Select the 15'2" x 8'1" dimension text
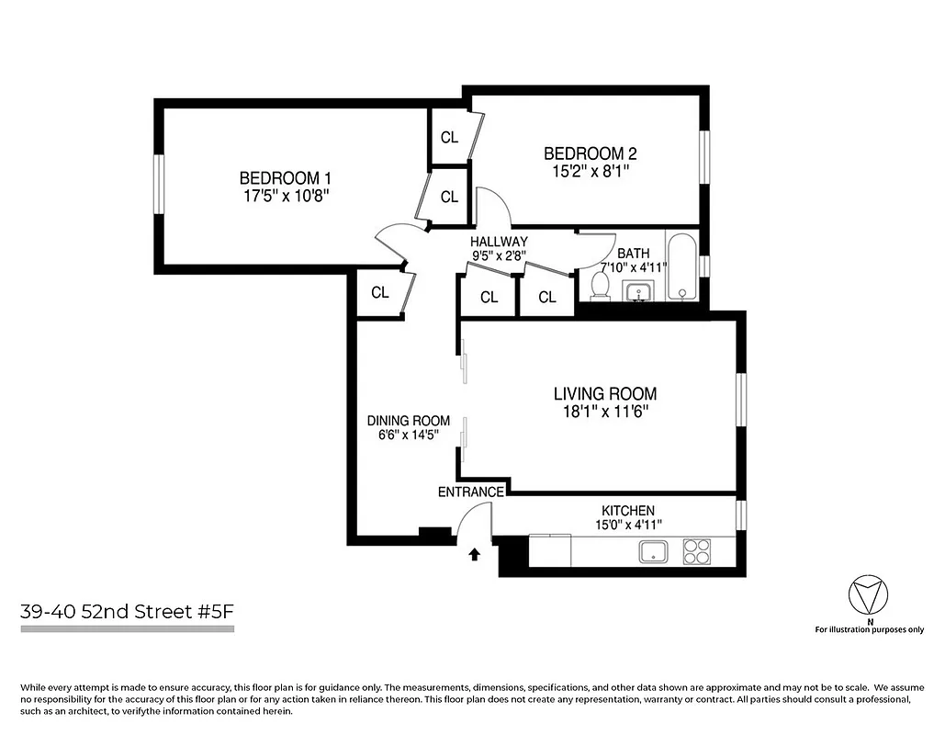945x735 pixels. pyautogui.click(x=589, y=170)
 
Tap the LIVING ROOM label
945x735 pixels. pyautogui.click(x=604, y=394)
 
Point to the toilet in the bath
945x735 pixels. pyautogui.click(x=600, y=286)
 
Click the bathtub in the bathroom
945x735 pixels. pyautogui.click(x=681, y=268)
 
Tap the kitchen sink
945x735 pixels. pyautogui.click(x=655, y=551)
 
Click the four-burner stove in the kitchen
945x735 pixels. pyautogui.click(x=697, y=551)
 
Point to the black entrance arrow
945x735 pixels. pyautogui.click(x=475, y=555)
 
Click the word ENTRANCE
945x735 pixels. pyautogui.click(x=470, y=492)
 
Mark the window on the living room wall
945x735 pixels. pyautogui.click(x=741, y=401)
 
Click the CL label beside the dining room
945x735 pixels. pyautogui.click(x=379, y=292)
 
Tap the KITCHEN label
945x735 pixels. pyautogui.click(x=627, y=511)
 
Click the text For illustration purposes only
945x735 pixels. pyautogui.click(x=869, y=629)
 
